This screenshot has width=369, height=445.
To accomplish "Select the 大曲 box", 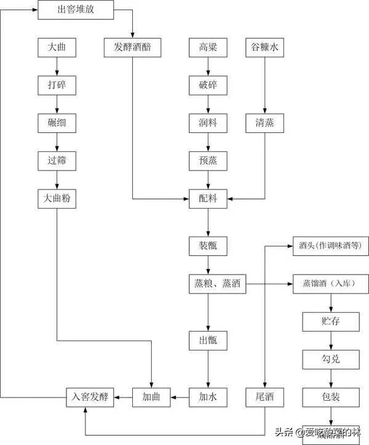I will (57, 47).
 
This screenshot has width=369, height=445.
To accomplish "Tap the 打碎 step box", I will (57, 85).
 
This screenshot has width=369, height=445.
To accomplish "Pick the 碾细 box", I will (57, 122).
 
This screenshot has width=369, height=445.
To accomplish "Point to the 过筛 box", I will (57, 160).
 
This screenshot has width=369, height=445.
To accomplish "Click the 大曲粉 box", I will (57, 198).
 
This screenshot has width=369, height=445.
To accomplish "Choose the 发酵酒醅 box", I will (133, 47).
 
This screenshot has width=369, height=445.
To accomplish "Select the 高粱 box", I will (208, 47).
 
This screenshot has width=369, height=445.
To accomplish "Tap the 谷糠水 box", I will (265, 47).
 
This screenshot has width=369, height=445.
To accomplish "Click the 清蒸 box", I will (265, 122).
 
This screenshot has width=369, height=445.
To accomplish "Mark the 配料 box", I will (208, 198).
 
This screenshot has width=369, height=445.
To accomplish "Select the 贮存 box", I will (331, 321).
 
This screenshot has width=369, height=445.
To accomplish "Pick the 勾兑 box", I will (331, 359).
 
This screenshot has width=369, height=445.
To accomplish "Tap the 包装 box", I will (331, 396).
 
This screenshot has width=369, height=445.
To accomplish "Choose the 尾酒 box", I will (265, 396).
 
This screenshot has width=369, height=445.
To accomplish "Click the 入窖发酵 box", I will (91, 396).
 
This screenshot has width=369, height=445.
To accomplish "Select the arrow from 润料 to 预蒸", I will (208, 142).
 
